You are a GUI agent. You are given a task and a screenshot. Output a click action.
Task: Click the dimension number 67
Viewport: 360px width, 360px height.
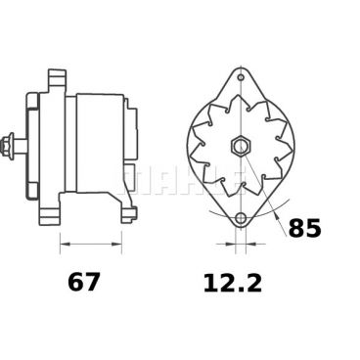(x=83, y=284)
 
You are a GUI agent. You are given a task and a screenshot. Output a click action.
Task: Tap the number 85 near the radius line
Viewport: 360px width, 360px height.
(x=305, y=230)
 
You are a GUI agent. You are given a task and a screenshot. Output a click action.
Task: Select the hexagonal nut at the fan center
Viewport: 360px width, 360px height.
(x=240, y=147)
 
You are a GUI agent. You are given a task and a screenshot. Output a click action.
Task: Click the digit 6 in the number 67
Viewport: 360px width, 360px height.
(x=74, y=284)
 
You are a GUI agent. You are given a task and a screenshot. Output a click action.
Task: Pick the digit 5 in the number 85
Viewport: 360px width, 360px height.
(x=314, y=230)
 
